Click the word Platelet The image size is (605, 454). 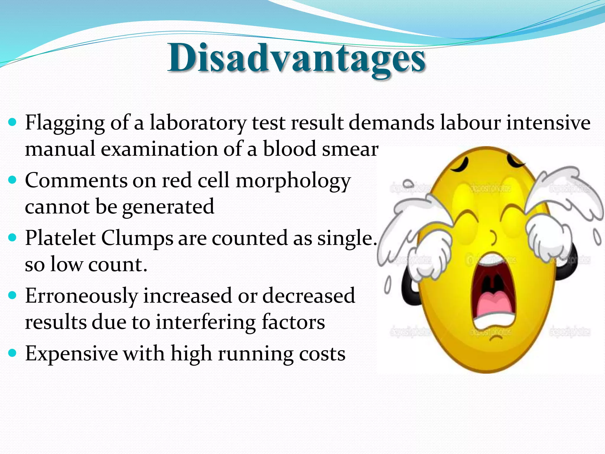(60, 238)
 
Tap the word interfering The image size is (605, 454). (206, 322)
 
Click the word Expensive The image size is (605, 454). (71, 354)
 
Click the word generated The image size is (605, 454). (168, 207)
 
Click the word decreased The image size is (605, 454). (309, 296)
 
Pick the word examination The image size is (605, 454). (159, 149)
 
